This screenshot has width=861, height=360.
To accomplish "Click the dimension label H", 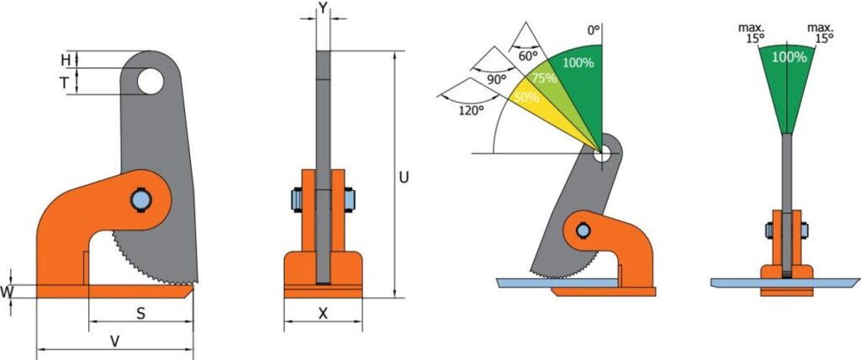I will pyautogui.click(x=66, y=60).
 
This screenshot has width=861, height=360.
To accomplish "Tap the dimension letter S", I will pyautogui.click(x=140, y=313).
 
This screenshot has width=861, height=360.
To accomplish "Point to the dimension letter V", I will pyautogui.click(x=115, y=341).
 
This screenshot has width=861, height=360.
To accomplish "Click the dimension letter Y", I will pyautogui.click(x=324, y=9).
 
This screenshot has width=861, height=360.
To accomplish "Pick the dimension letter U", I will pyautogui.click(x=404, y=177).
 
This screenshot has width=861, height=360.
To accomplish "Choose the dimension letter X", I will pyautogui.click(x=323, y=314).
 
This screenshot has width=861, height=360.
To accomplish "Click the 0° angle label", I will pyautogui.click(x=594, y=29).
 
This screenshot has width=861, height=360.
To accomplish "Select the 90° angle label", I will pyautogui.click(x=496, y=79).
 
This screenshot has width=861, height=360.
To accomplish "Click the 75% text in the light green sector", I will pyautogui.click(x=545, y=77).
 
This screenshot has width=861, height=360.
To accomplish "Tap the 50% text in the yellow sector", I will pyautogui.click(x=526, y=97).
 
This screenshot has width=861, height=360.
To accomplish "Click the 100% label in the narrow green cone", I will pyautogui.click(x=789, y=58).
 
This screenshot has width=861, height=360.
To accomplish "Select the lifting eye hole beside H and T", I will pyautogui.click(x=151, y=82).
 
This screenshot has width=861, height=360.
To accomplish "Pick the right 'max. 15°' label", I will pyautogui.click(x=820, y=32).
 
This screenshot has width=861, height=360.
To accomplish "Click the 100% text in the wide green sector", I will pyautogui.click(x=578, y=62).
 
